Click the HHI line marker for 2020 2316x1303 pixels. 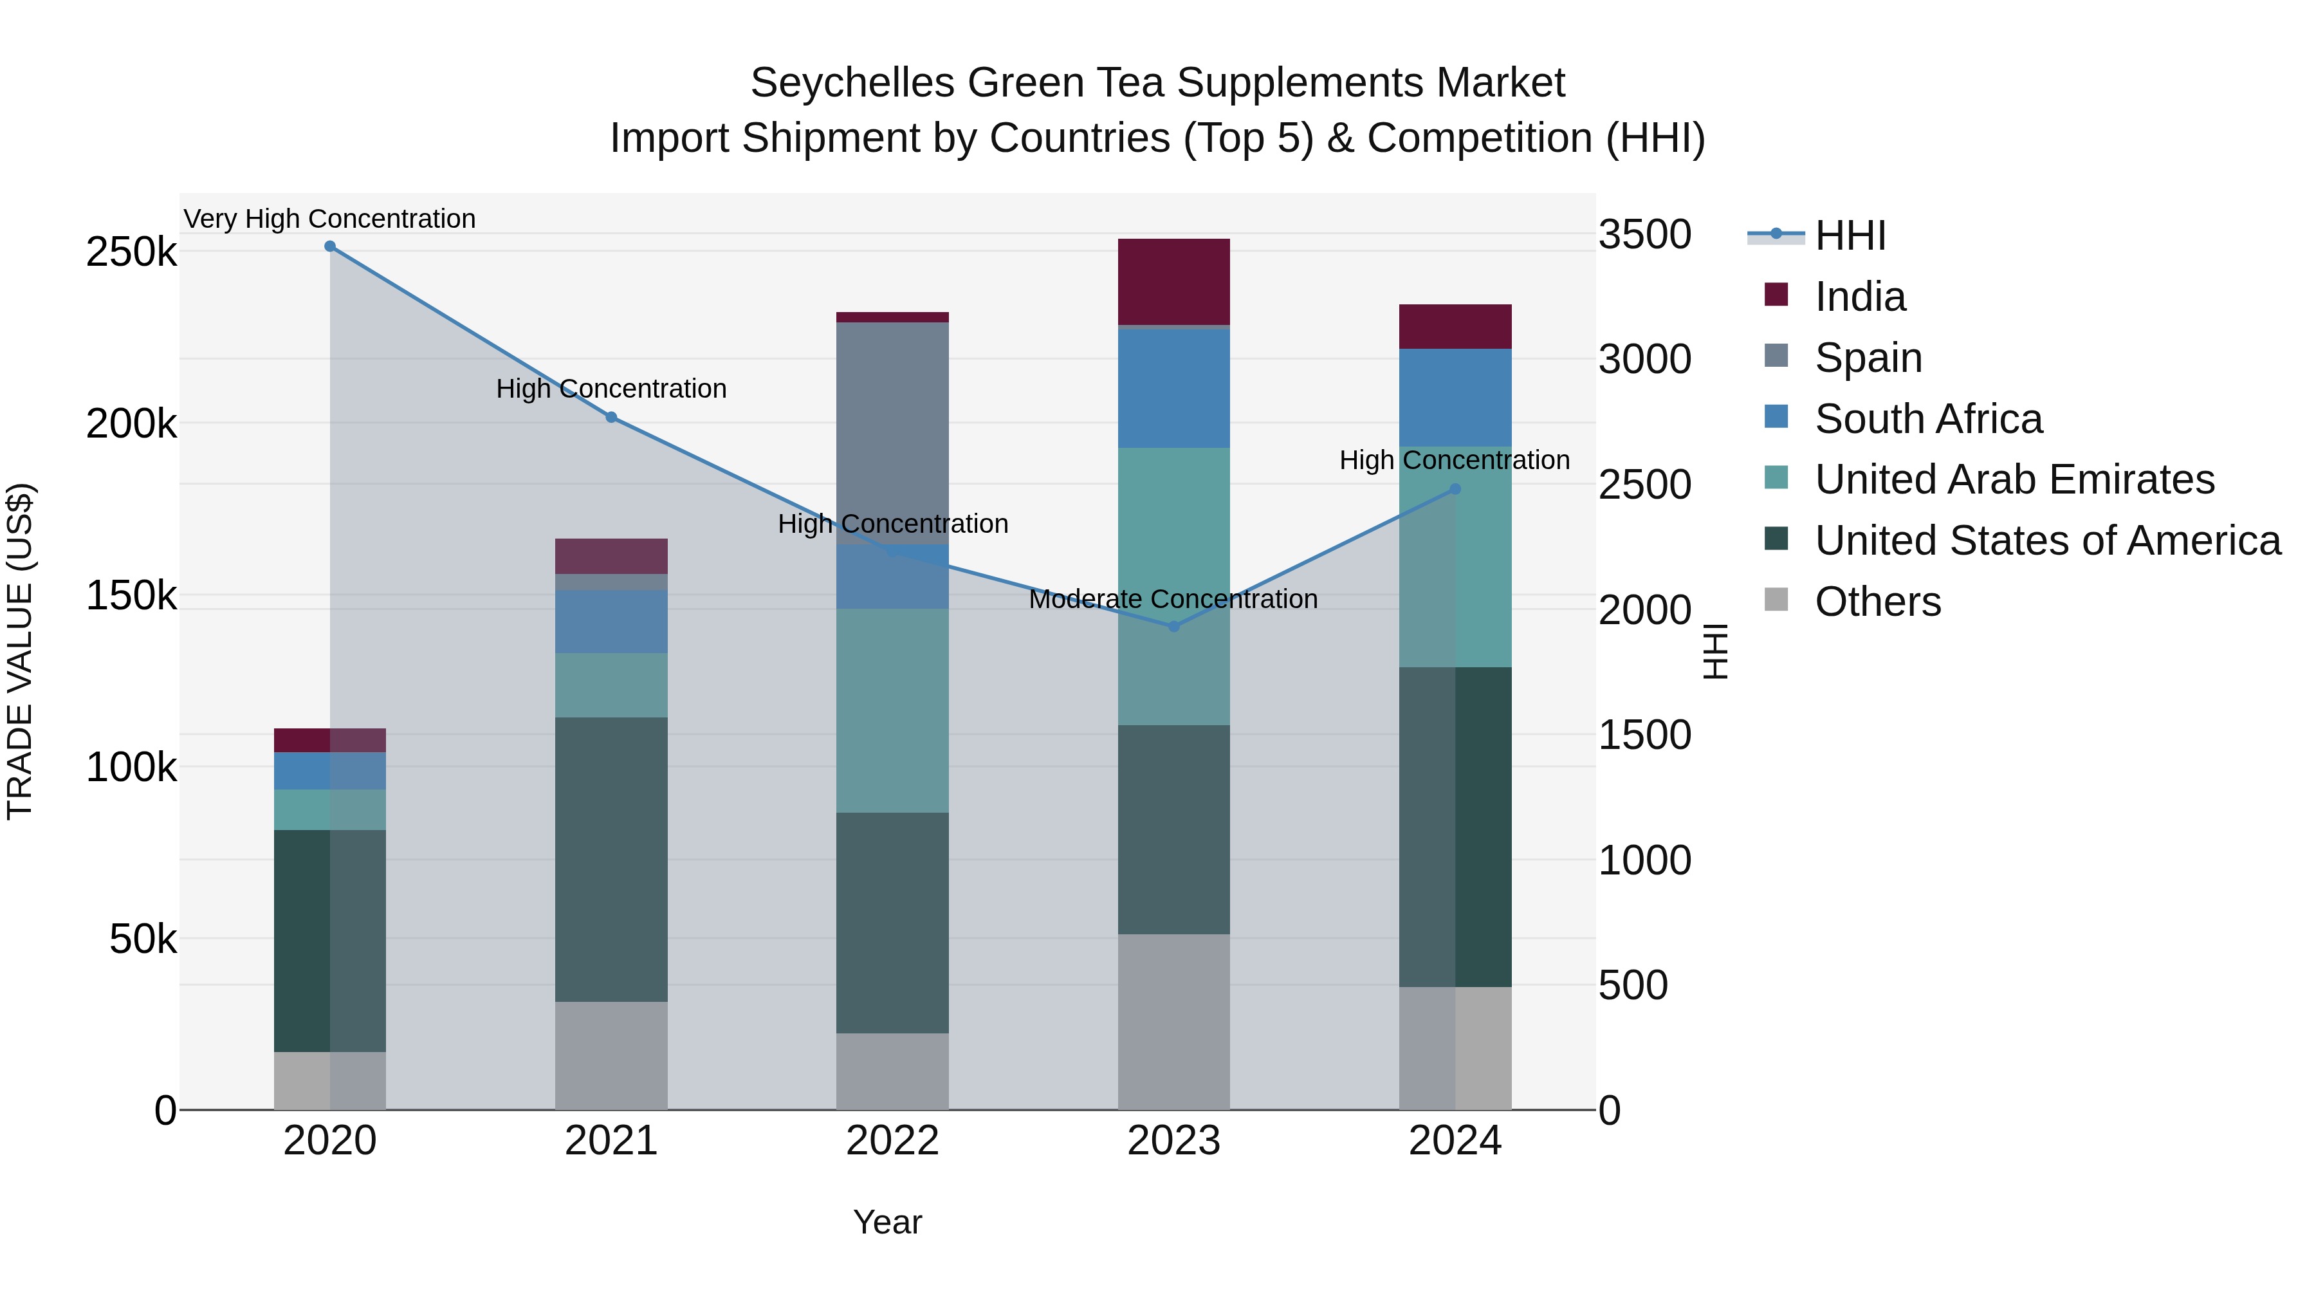tap(330, 246)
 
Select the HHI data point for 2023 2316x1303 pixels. tap(1173, 627)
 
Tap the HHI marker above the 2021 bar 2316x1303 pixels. tap(611, 417)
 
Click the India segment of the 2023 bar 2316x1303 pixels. tap(1173, 281)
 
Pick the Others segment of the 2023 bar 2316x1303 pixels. tap(1173, 1022)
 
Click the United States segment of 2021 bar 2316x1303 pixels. tap(611, 859)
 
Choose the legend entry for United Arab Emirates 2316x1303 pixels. tap(2014, 479)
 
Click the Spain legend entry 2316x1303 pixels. tap(1868, 358)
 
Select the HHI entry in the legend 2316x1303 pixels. tap(1850, 236)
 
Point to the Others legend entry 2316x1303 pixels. tap(1877, 602)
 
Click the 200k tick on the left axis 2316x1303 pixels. tap(131, 423)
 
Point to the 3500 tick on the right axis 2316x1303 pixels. tap(1644, 235)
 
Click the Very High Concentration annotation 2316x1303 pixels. tap(330, 219)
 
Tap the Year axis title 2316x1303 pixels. tap(887, 1222)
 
